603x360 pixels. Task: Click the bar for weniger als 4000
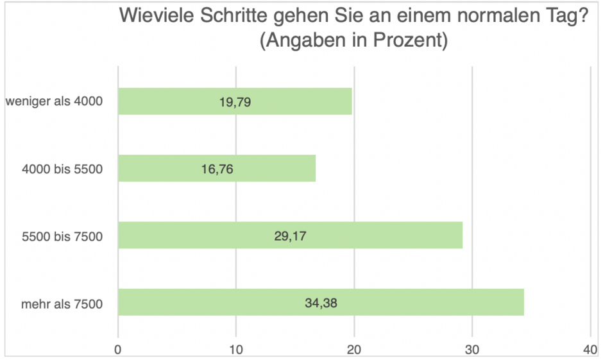[235, 101]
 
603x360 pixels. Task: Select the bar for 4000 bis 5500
[217, 168]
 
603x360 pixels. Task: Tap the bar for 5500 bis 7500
[290, 236]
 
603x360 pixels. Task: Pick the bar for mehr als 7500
[321, 302]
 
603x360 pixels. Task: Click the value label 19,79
[235, 101]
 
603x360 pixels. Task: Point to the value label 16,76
[217, 168]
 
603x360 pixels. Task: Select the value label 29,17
[290, 236]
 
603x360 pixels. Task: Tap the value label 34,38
[321, 302]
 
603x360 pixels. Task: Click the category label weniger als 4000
[54, 101]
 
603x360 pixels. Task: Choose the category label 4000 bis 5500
[62, 169]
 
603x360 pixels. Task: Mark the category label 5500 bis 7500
[62, 236]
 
